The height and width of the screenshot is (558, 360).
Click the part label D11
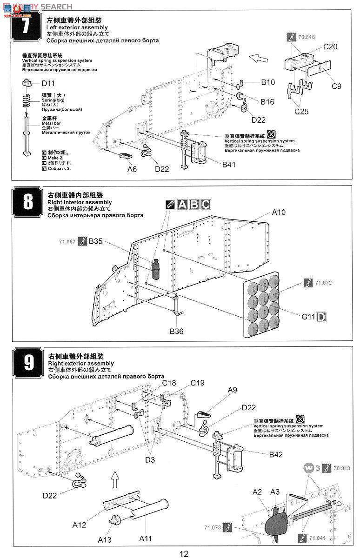pyautogui.click(x=48, y=84)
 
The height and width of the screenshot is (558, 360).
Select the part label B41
pyautogui.click(x=229, y=164)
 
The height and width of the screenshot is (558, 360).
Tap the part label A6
pyautogui.click(x=132, y=169)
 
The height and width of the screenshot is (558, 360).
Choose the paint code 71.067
pyautogui.click(x=67, y=241)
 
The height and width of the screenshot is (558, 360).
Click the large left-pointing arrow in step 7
pyautogui.click(x=259, y=59)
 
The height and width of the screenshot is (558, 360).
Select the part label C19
pyautogui.click(x=197, y=383)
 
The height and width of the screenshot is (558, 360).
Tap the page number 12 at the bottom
pyautogui.click(x=184, y=553)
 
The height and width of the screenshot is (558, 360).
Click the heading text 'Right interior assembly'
pyautogui.click(x=80, y=202)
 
